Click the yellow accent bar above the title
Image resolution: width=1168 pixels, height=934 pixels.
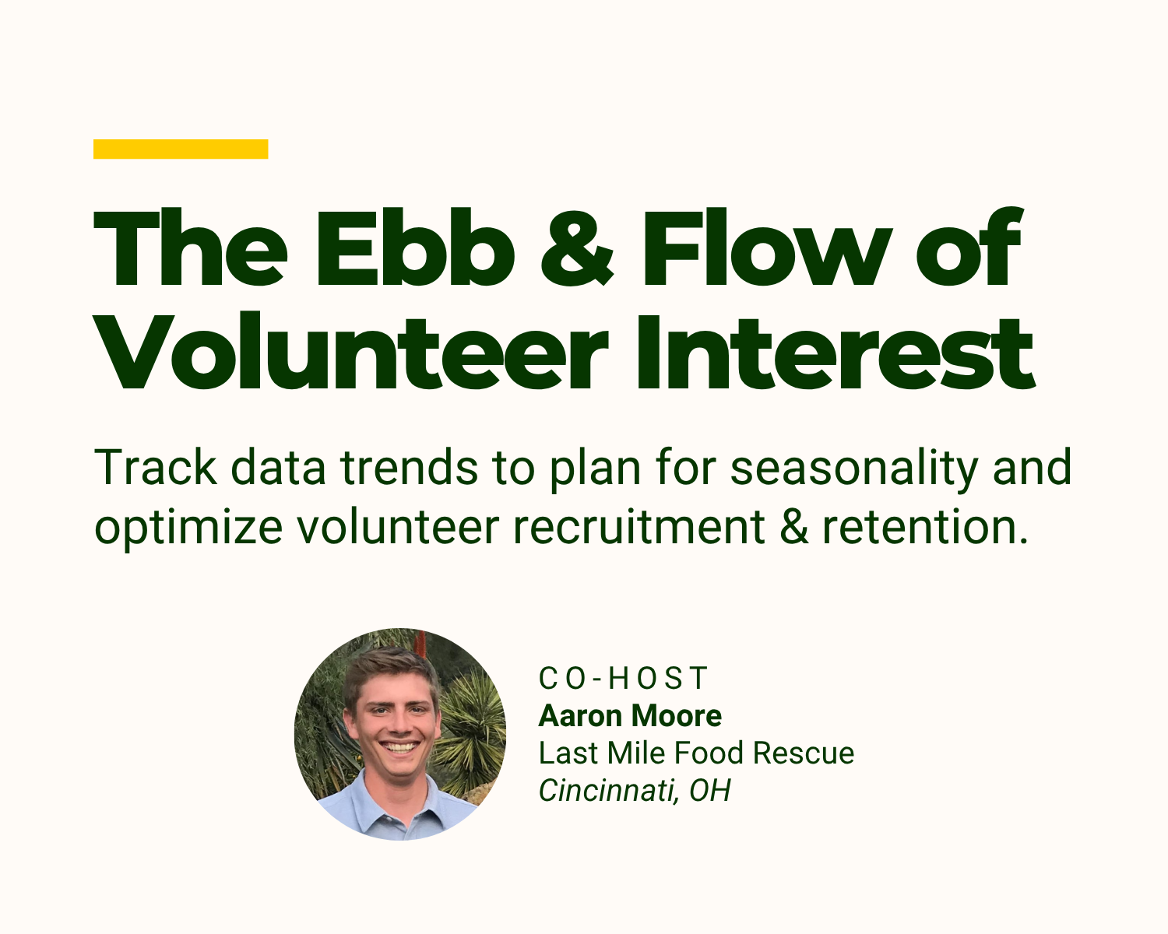(x=181, y=149)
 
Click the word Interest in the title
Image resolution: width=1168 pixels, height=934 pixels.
(x=833, y=354)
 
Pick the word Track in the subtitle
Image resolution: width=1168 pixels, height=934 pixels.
(x=155, y=468)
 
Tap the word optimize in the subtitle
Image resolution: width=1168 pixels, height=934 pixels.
(x=188, y=527)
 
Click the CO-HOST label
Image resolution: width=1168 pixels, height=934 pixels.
(x=623, y=678)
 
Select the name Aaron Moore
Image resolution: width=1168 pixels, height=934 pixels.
(x=630, y=715)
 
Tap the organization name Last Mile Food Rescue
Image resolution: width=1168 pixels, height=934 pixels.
(x=696, y=753)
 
